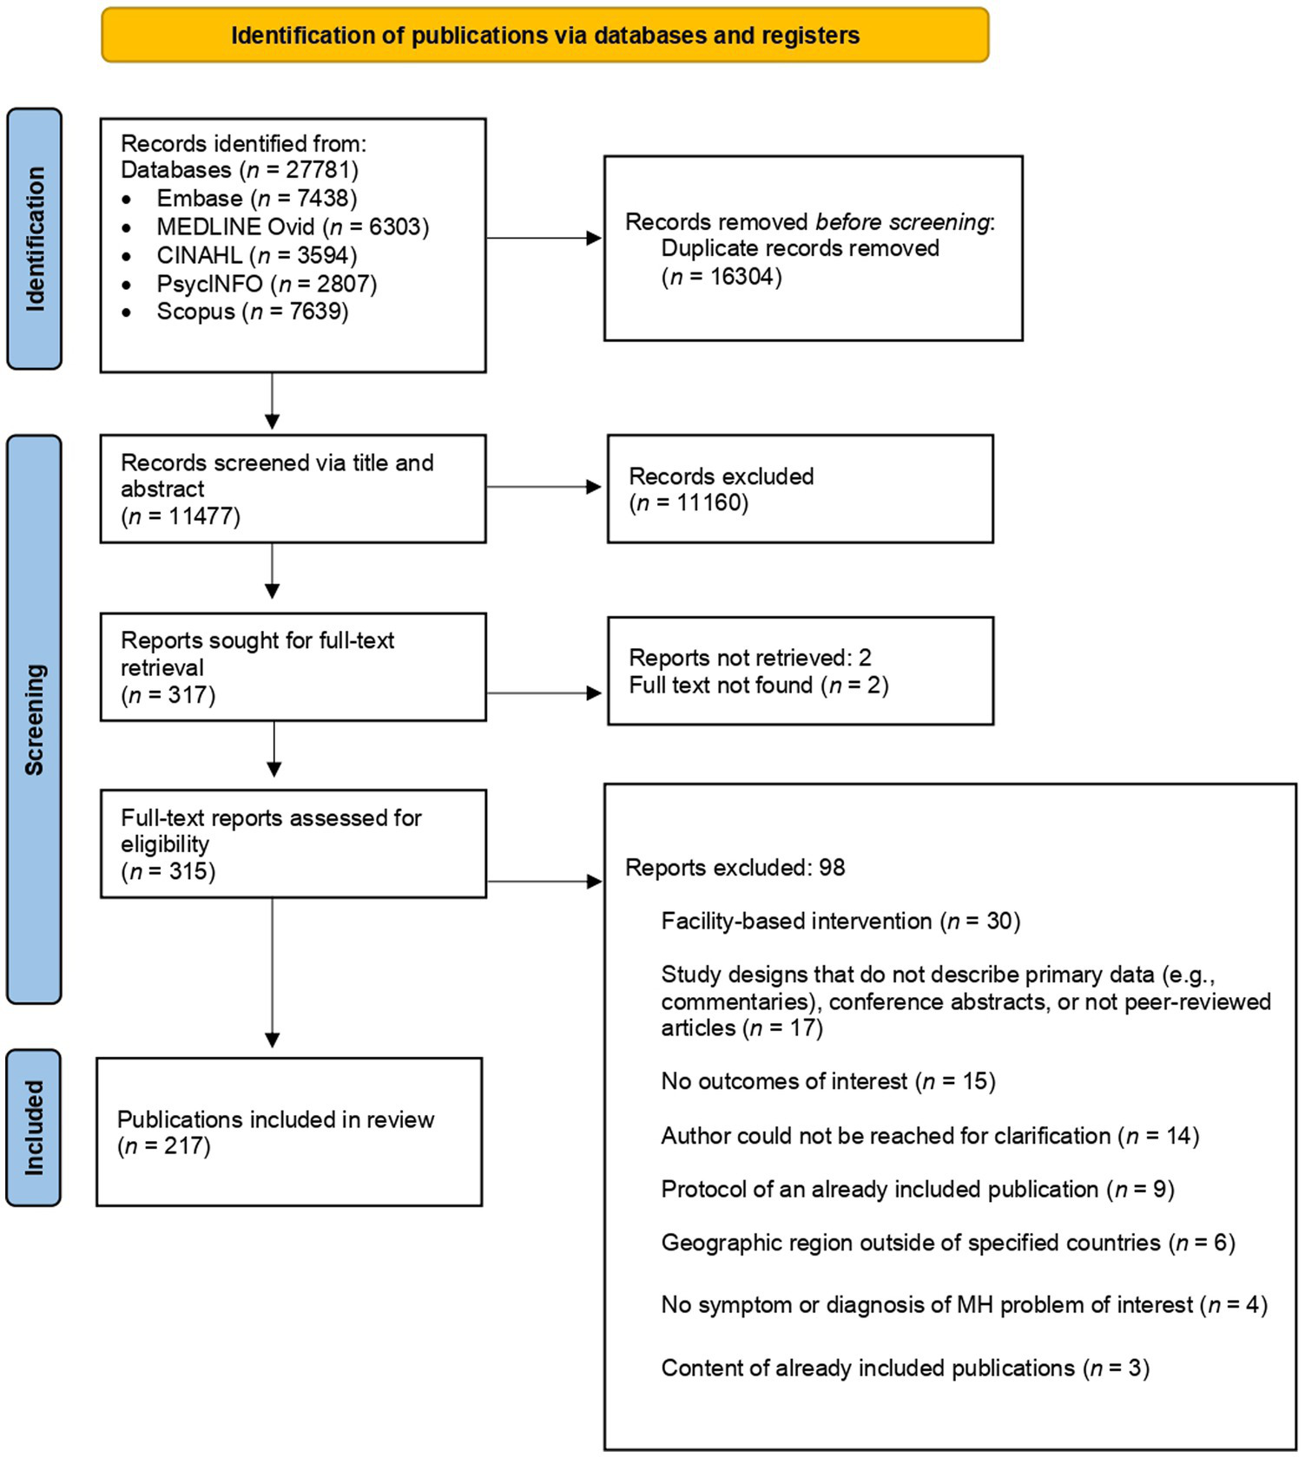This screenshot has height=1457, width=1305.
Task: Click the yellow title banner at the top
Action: click(544, 36)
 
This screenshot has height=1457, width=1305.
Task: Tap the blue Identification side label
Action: click(34, 239)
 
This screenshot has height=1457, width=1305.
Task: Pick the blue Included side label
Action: click(34, 1127)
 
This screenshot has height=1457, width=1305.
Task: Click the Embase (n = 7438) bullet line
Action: click(256, 199)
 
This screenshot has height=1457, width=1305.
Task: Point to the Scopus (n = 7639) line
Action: click(252, 312)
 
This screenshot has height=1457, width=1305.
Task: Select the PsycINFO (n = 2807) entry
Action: click(266, 284)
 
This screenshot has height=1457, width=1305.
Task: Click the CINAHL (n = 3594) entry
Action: click(256, 255)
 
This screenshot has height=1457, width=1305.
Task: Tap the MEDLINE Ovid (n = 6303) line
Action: click(292, 227)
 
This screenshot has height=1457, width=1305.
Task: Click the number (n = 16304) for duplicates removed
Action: click(722, 277)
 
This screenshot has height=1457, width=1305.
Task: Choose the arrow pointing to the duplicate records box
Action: click(544, 238)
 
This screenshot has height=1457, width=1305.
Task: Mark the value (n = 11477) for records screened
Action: click(181, 516)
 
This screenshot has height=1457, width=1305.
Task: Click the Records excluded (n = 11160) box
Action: click(799, 489)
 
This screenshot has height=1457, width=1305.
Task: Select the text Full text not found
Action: click(721, 686)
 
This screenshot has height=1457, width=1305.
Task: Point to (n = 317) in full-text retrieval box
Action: click(168, 695)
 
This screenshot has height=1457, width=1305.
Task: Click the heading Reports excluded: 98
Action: click(735, 868)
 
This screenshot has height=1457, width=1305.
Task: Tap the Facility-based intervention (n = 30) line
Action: click(840, 921)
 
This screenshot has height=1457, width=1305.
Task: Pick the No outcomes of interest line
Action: click(827, 1081)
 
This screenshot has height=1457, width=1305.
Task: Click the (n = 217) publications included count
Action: click(164, 1146)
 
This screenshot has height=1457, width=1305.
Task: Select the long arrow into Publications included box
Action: click(272, 972)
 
